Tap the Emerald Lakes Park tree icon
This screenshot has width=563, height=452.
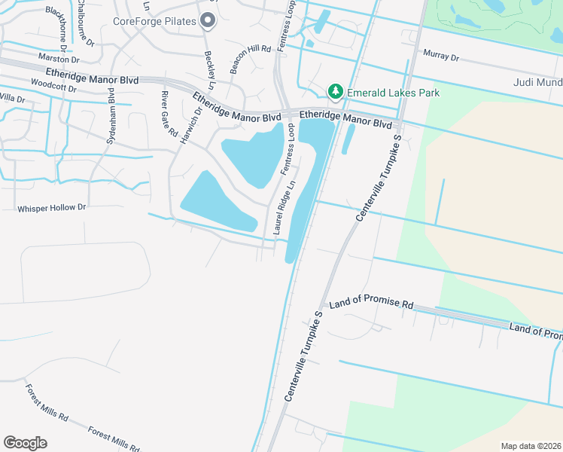pos(336,92)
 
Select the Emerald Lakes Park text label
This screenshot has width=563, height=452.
pos(392,93)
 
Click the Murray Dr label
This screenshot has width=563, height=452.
pos(440,54)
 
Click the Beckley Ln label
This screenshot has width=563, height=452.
pos(211,66)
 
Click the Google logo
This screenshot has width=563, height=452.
pos(25,443)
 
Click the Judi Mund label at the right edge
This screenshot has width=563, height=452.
pos(537,83)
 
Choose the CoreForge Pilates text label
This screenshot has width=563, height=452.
pos(154,21)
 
